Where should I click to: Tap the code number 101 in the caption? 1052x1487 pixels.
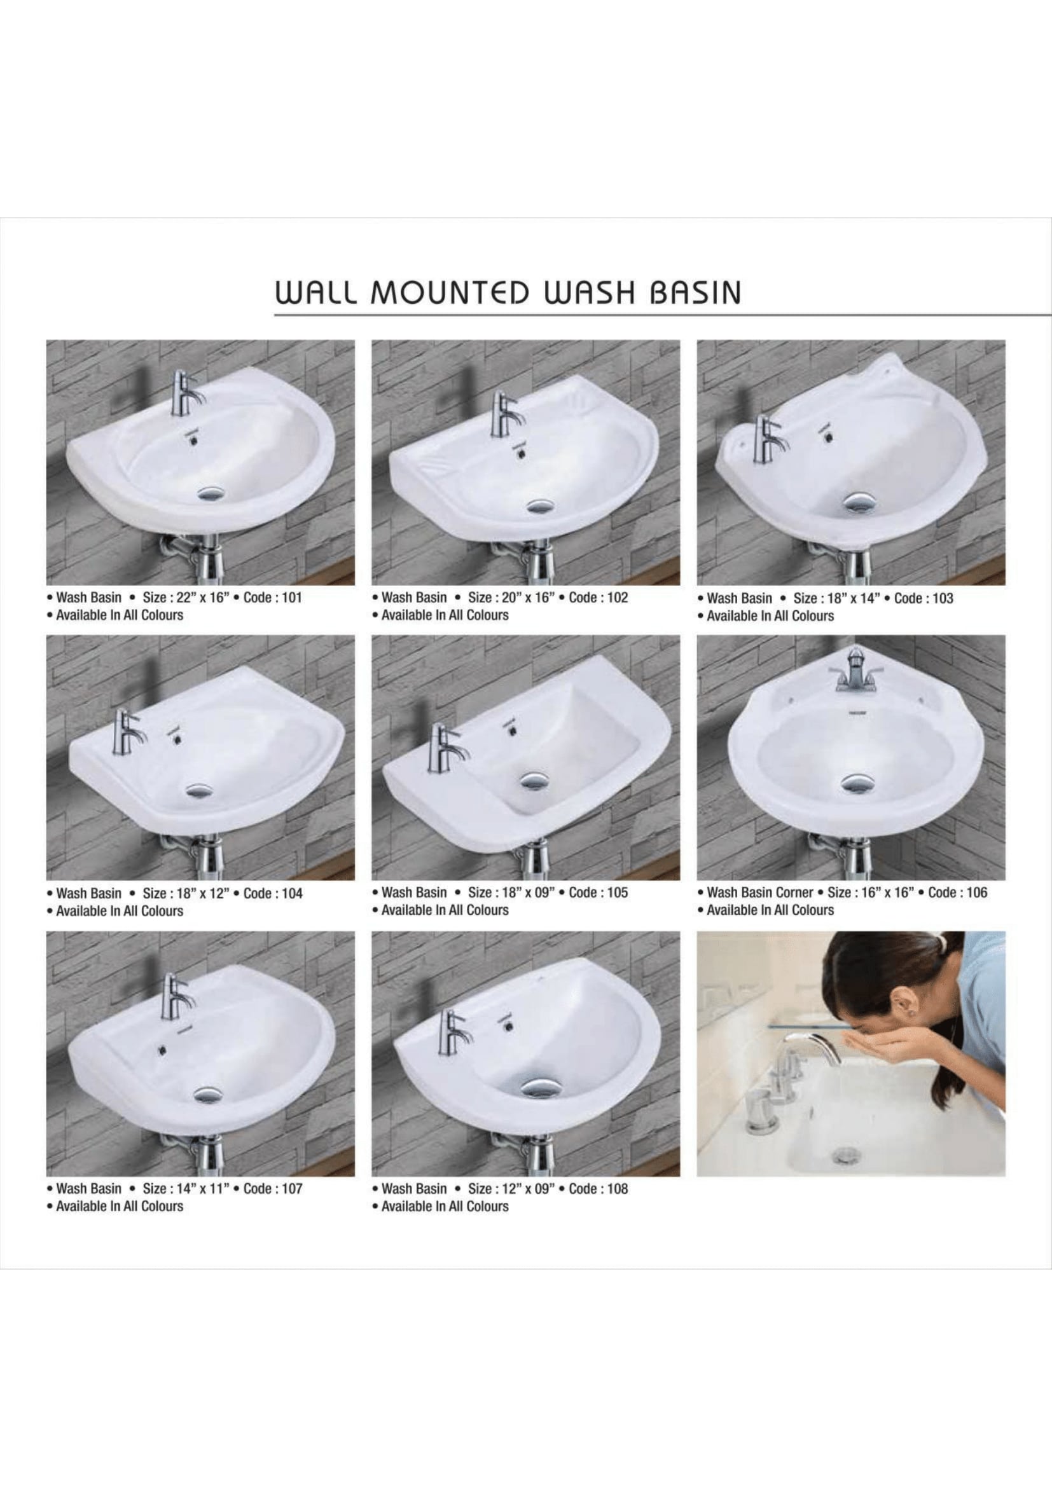click(x=291, y=597)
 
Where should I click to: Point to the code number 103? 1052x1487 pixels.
click(x=943, y=598)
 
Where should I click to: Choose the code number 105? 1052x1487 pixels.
click(x=618, y=892)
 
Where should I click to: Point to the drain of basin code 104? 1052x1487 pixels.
click(x=199, y=790)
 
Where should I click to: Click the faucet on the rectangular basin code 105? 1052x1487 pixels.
click(x=444, y=748)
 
